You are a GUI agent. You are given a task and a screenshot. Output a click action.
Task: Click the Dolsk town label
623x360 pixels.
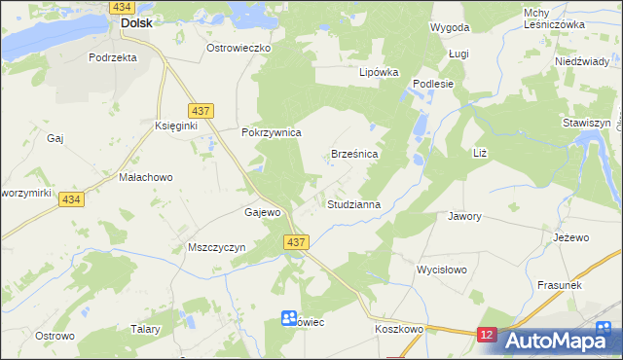tap(135, 23)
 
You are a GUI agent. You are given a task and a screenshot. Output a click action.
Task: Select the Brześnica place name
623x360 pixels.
tap(354, 154)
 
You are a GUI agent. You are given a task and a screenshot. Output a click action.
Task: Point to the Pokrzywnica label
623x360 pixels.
tap(272, 132)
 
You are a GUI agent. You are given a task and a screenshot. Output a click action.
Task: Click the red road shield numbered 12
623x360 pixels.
tap(488, 335)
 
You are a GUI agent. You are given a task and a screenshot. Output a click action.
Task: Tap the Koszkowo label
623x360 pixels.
tap(399, 329)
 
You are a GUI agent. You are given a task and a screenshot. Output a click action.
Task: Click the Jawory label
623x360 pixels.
tap(464, 216)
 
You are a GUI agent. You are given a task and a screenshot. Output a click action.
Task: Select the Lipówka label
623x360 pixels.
tap(380, 72)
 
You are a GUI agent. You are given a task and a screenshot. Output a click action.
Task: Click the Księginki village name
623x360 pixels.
tap(176, 127)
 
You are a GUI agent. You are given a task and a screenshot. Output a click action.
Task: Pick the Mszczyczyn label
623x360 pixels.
tap(215, 247)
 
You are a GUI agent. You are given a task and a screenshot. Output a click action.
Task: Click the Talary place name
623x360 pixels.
tap(145, 329)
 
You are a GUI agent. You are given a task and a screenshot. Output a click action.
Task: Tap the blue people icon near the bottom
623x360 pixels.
tap(289, 318)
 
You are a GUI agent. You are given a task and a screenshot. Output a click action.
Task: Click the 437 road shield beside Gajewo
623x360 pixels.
tap(297, 241)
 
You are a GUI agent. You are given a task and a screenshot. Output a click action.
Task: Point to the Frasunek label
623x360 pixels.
tap(559, 284)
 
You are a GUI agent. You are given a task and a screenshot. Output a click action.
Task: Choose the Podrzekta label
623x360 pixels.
tap(112, 57)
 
